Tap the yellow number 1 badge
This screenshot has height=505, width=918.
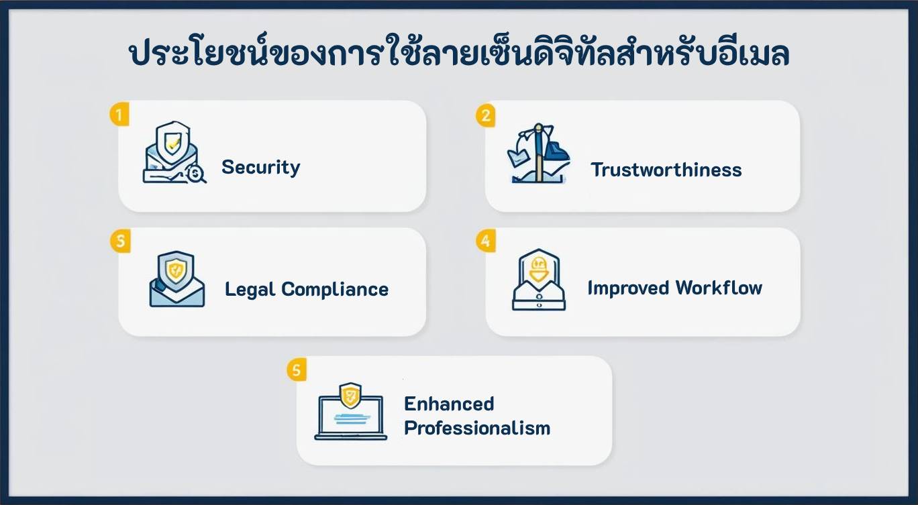point(119,115)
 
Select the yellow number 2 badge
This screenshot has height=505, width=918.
point(485,115)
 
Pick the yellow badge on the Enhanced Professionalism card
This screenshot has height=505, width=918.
point(297,370)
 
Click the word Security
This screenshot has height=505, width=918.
point(260,167)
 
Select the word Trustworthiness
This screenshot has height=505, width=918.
point(666,170)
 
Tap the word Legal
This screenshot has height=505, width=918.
point(250,290)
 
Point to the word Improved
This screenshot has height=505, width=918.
point(628,288)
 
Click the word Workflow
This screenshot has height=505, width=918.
point(719,288)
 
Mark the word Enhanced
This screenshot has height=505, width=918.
point(449,404)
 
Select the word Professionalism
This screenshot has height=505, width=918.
point(477,428)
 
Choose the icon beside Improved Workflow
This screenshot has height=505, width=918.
point(538,280)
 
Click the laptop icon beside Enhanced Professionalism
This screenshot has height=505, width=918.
point(350,412)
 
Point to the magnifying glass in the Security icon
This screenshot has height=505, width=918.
point(197,174)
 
